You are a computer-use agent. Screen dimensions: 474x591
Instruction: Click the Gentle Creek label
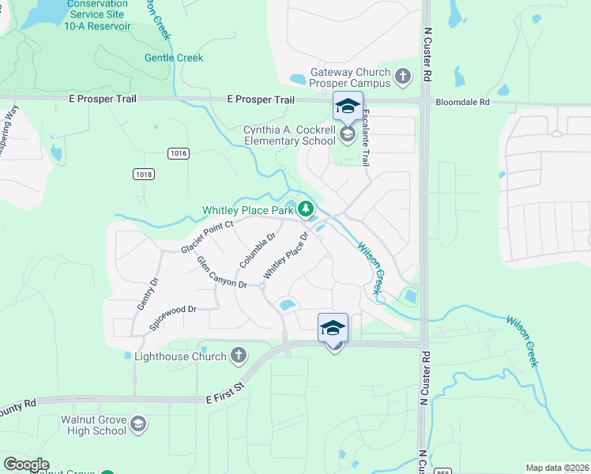pos(173,58)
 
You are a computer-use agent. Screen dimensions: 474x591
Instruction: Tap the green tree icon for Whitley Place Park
pos(306,209)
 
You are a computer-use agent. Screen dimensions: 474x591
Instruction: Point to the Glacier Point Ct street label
pos(208,237)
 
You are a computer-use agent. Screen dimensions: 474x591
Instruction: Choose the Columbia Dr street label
pos(257,250)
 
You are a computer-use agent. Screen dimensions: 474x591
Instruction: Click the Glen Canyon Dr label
pos(222,273)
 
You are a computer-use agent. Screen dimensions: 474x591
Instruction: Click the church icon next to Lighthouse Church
pos(238,356)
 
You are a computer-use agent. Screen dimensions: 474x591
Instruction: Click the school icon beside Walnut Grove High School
pos(138,425)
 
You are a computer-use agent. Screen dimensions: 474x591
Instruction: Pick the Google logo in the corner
pos(26,464)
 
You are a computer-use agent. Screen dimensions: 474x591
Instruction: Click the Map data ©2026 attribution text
pos(557,468)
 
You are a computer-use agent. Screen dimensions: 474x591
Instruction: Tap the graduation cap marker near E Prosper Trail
pos(348,106)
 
